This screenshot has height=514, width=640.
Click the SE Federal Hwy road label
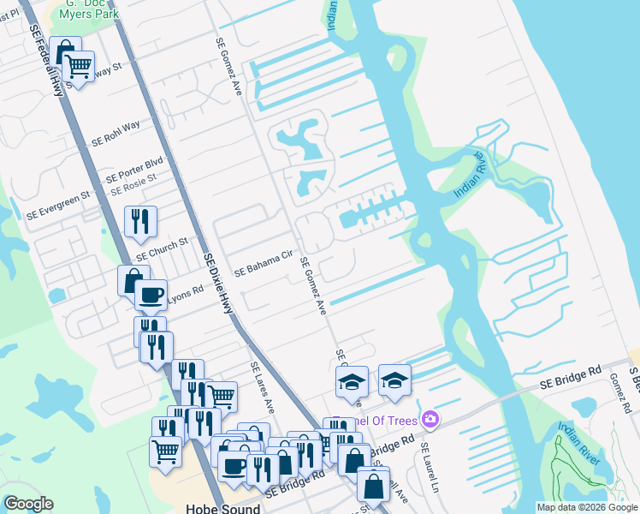(47, 60)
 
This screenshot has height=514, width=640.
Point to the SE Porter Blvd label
(134, 168)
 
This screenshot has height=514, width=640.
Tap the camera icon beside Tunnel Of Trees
(430, 419)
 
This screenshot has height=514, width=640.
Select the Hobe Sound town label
(222, 508)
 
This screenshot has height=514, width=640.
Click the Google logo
(27, 503)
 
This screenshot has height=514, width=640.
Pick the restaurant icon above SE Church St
(139, 221)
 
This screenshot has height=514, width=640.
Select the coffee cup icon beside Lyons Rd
(151, 295)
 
